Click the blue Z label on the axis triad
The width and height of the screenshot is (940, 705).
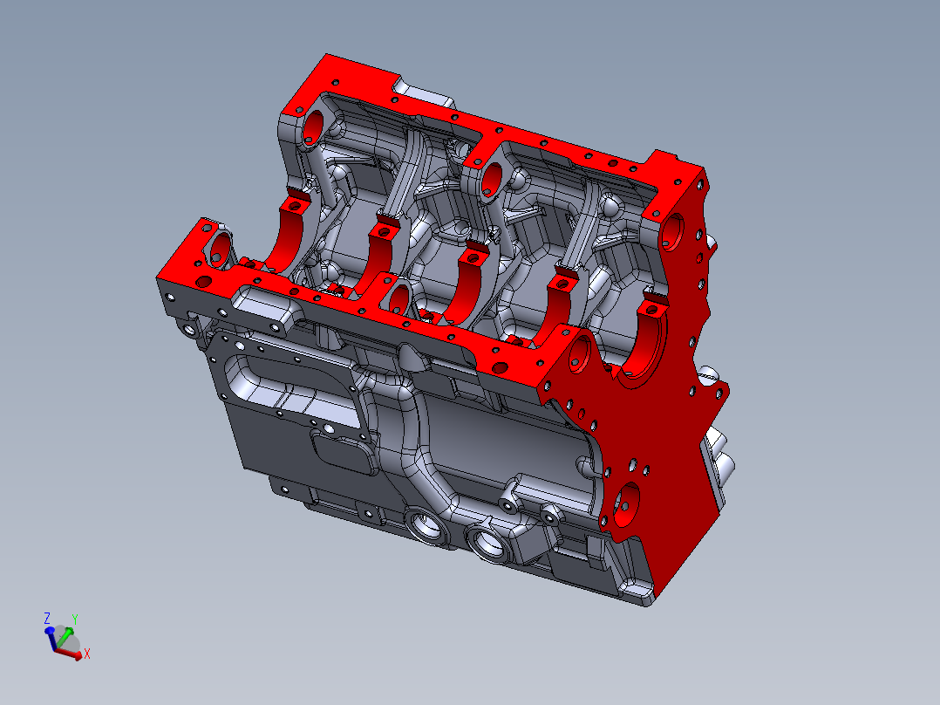click(47, 618)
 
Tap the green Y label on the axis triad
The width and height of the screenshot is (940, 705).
click(75, 619)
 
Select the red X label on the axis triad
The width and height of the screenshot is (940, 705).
click(87, 653)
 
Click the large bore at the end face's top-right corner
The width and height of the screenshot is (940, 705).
click(672, 228)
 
